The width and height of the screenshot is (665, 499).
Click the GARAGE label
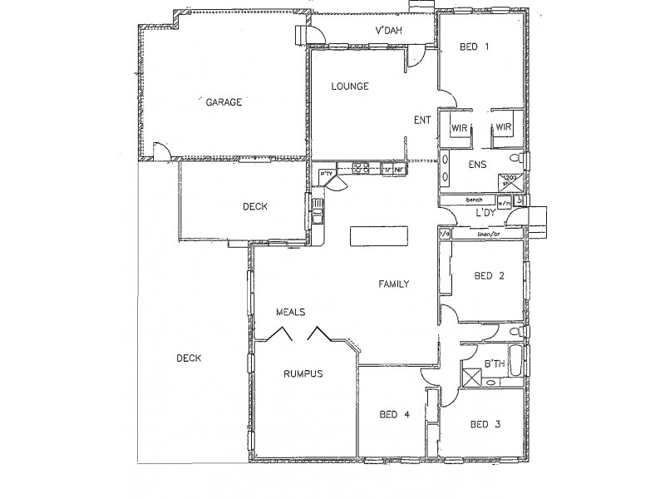pos(224,103)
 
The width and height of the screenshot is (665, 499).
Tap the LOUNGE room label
pos(349,86)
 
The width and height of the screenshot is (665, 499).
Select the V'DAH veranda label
pos(390,32)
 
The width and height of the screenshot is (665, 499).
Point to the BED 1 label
pos(474,47)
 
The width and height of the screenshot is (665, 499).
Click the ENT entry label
pos(422,120)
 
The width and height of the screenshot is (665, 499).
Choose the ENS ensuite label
pos(477,164)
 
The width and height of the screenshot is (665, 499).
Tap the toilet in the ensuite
pos(517,158)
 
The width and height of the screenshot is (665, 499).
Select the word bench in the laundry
pos(475,200)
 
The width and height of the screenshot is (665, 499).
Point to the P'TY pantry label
pos(326,173)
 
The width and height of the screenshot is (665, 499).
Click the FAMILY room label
pos(394,284)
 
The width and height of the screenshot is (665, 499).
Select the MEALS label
pos(291,312)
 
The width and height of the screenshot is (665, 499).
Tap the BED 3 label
pos(485,425)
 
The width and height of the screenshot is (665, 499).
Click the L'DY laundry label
pos(486,214)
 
